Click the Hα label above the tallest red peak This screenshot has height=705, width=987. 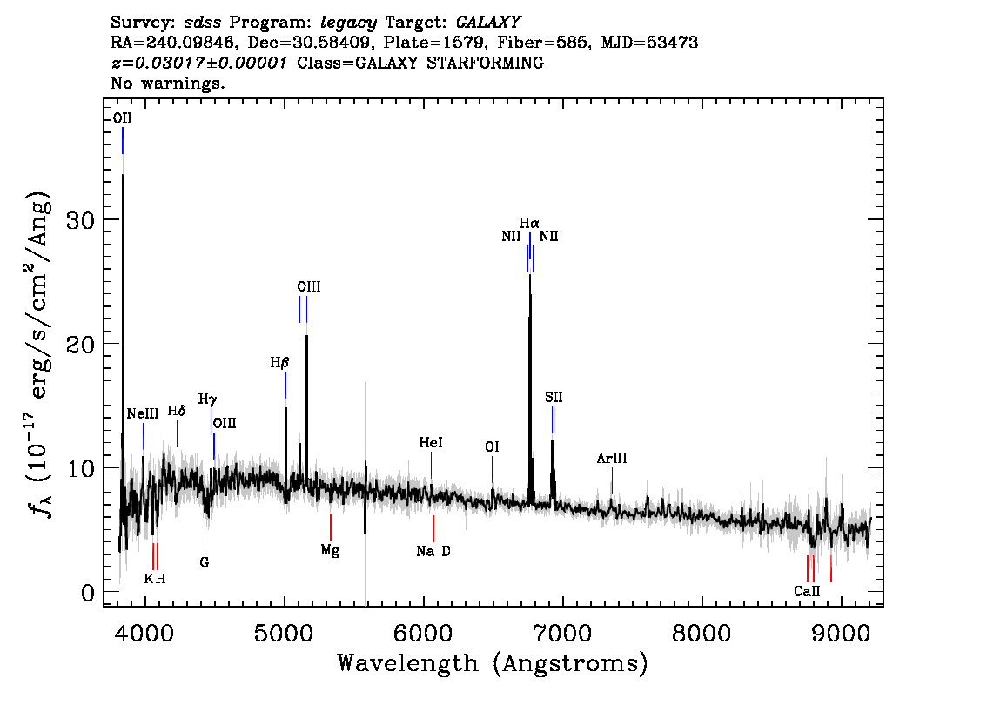point(529,223)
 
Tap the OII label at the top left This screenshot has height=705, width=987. point(123,118)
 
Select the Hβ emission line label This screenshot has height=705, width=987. point(279,363)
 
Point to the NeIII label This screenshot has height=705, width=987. point(143,413)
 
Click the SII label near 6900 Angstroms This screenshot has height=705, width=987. point(554,397)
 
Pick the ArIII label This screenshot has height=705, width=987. point(612,458)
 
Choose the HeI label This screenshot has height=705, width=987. point(431,442)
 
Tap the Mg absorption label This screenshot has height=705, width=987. point(330,550)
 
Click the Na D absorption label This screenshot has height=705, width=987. point(433,552)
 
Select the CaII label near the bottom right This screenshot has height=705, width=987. point(807,591)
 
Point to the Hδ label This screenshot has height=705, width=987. point(177,411)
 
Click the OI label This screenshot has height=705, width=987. point(492,446)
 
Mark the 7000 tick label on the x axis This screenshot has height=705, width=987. point(562,634)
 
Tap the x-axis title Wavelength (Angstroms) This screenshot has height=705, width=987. point(493,663)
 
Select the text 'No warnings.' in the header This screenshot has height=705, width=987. point(168,83)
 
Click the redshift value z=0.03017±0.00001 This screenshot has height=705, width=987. point(199,63)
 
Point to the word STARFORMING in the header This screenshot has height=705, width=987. point(486,63)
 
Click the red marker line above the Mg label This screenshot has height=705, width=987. point(331,527)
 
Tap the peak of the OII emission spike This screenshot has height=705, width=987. point(123,175)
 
